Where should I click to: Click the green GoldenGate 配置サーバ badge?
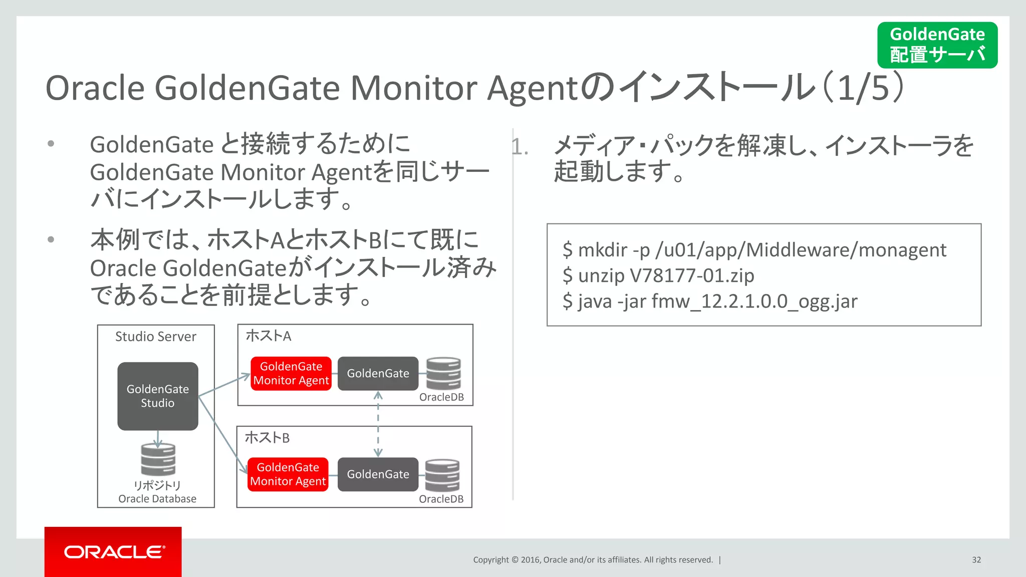[x=937, y=45]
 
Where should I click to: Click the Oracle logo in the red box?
[x=114, y=552]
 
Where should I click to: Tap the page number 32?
[x=976, y=559]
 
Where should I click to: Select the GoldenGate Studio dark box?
[x=158, y=396]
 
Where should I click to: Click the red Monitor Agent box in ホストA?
[x=291, y=374]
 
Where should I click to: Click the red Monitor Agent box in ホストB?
[x=288, y=474]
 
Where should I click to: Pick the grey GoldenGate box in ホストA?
[x=378, y=374]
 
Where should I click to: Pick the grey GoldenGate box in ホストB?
[x=378, y=474]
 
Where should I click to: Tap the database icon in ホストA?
[x=443, y=373]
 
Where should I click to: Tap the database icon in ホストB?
[x=442, y=475]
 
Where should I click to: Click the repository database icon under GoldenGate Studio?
[x=158, y=459]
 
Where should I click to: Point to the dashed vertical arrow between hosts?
[x=378, y=424]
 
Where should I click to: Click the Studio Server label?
[x=156, y=337]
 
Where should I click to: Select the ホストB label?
[x=267, y=438]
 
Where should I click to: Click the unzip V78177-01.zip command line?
[x=658, y=275]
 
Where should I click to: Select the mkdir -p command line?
[x=754, y=249]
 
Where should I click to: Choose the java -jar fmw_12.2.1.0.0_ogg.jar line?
[x=710, y=302]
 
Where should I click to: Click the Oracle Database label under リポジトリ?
[x=157, y=499]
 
